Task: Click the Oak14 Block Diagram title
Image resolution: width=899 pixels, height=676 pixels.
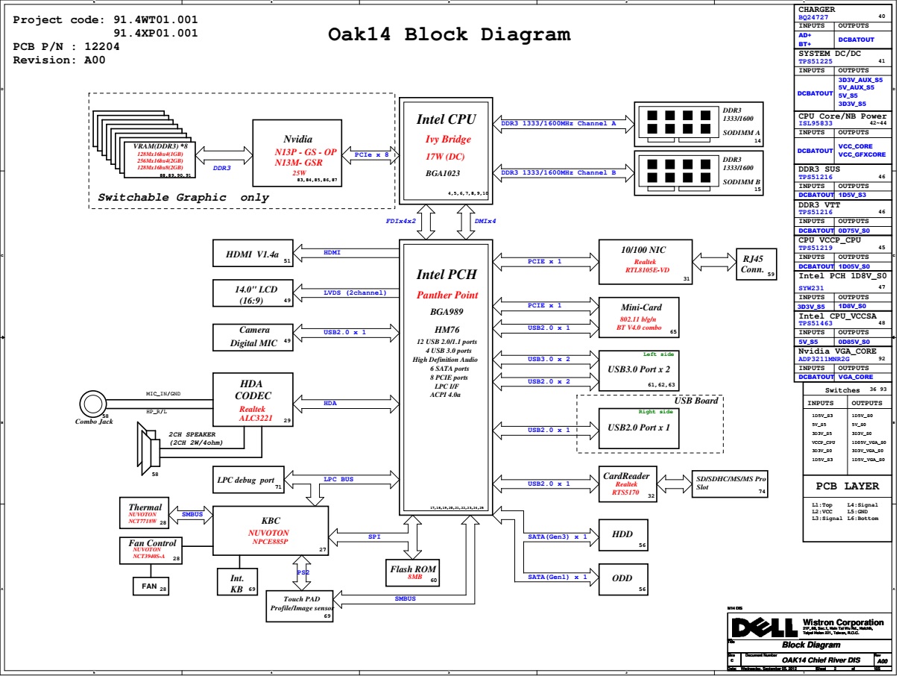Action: pyautogui.click(x=449, y=34)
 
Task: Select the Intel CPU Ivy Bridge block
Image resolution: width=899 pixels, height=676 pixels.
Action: pyautogui.click(x=446, y=149)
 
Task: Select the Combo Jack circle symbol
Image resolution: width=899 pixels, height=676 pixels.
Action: pyautogui.click(x=94, y=404)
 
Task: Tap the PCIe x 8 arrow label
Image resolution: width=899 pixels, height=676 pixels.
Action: pyautogui.click(x=372, y=154)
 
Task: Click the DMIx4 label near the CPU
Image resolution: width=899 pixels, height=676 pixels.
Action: pyautogui.click(x=485, y=221)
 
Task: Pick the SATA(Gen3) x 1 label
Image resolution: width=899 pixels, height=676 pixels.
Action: pyautogui.click(x=558, y=536)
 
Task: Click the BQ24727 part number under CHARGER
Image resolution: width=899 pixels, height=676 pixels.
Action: pyautogui.click(x=814, y=16)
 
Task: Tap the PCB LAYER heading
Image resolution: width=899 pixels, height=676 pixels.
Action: pyautogui.click(x=847, y=486)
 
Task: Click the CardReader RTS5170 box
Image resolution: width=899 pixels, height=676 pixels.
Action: pyautogui.click(x=627, y=484)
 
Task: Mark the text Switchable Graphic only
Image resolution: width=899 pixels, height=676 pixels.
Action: pyautogui.click(x=183, y=198)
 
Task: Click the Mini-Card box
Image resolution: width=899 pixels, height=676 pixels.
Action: pyautogui.click(x=640, y=316)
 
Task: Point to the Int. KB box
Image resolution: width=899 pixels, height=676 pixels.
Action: pyautogui.click(x=237, y=583)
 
